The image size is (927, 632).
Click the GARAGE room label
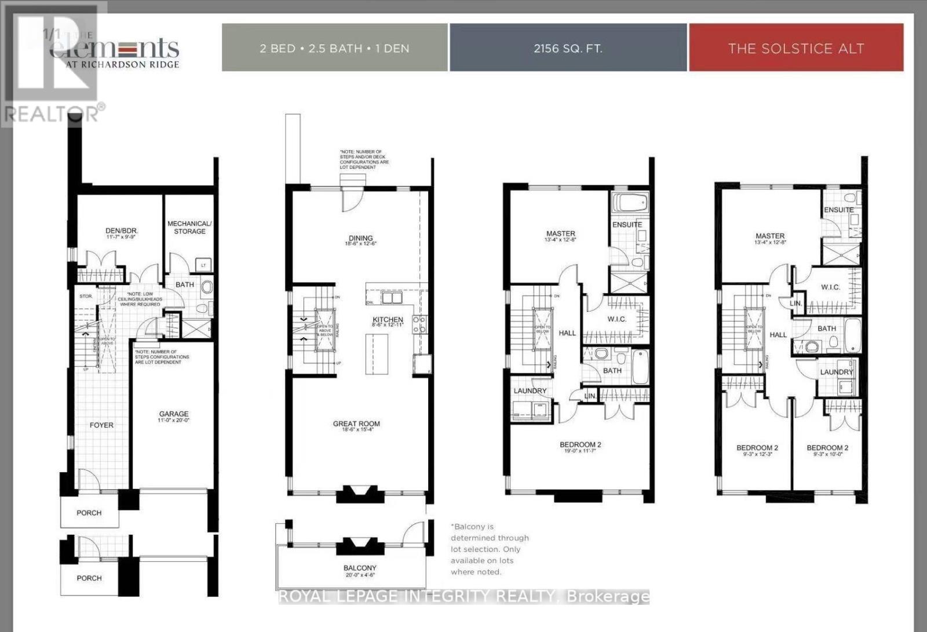(174, 414)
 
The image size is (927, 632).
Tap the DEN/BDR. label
(122, 231)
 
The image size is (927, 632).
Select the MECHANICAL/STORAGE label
(189, 227)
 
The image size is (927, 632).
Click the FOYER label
(101, 425)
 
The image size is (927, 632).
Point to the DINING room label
(360, 238)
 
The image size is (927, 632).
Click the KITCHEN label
(388, 320)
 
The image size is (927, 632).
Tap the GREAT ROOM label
(356, 424)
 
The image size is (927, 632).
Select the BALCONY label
(360, 568)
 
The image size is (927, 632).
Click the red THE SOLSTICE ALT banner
(795, 48)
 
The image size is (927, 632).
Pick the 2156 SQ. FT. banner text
(568, 48)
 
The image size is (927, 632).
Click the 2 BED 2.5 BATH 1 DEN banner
(334, 48)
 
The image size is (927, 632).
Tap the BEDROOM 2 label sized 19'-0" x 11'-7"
(580, 445)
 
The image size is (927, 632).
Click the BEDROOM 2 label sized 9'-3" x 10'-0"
(827, 448)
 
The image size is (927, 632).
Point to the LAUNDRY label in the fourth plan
(836, 372)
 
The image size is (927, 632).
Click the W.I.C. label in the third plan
(616, 319)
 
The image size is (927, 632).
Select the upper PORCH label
(89, 513)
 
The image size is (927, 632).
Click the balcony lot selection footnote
(490, 549)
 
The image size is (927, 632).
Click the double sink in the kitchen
(393, 298)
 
